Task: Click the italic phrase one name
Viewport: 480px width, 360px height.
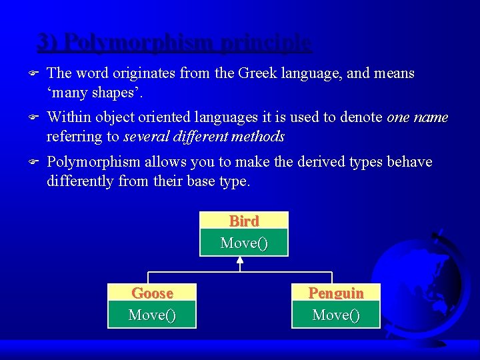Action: point(417,118)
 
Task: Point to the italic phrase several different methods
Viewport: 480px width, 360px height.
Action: point(205,137)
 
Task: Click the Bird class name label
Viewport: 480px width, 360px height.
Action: point(244,221)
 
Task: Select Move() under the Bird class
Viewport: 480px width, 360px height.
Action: point(244,243)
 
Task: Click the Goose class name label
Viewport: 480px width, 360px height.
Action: point(152,293)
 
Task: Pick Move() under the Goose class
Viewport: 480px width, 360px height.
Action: point(152,315)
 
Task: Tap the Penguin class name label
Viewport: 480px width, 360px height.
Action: point(336,293)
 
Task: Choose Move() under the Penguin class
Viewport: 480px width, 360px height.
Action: point(336,315)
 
